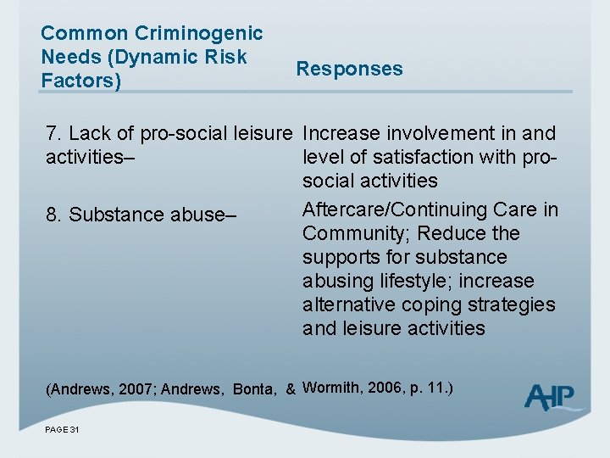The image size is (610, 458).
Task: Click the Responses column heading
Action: [349, 70]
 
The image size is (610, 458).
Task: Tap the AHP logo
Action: [552, 397]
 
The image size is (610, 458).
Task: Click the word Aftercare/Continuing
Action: [402, 209]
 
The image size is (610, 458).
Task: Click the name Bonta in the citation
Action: [253, 390]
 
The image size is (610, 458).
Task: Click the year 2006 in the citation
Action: [390, 388]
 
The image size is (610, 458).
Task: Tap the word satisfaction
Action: [415, 158]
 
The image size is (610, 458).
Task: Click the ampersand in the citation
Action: [291, 390]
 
